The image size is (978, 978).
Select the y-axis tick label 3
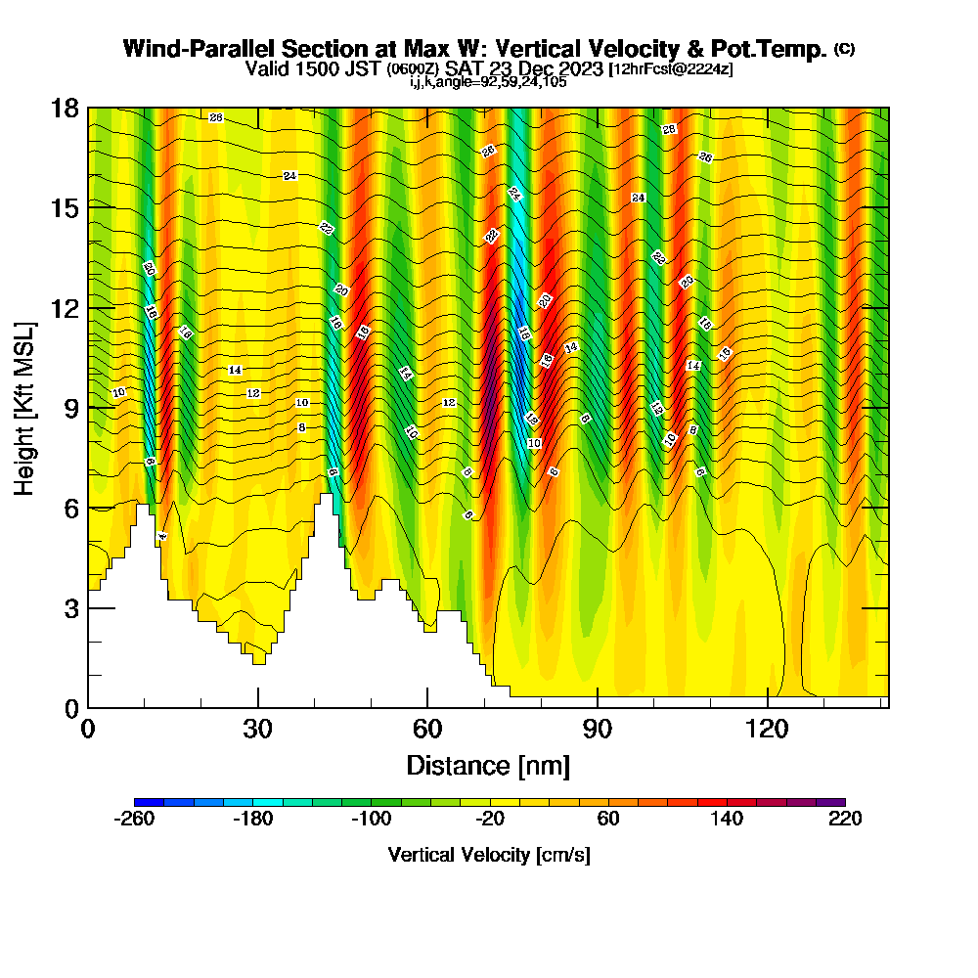[70, 608]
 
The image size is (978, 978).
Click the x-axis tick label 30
[258, 729]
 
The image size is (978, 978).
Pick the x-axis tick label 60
[427, 729]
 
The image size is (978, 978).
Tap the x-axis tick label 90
[598, 729]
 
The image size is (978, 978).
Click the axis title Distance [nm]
[488, 764]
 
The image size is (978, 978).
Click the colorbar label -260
[134, 820]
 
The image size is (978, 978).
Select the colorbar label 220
[845, 820]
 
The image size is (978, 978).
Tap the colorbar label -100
[371, 820]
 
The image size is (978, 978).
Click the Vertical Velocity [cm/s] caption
[489, 855]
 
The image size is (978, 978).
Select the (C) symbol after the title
[844, 49]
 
